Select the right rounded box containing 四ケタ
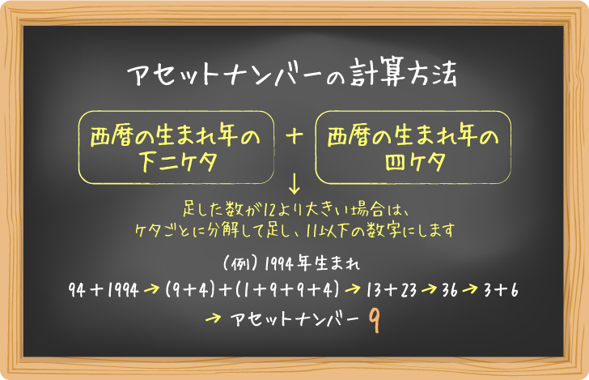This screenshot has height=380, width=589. [x=412, y=147]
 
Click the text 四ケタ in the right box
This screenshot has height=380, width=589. [x=412, y=160]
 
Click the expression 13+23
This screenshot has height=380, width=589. [x=391, y=289]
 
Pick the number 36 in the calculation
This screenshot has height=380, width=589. [x=450, y=289]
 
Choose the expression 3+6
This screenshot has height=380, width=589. [x=503, y=289]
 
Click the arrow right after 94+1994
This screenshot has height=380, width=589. [x=152, y=289]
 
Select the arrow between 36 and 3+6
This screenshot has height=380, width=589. [x=473, y=289]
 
